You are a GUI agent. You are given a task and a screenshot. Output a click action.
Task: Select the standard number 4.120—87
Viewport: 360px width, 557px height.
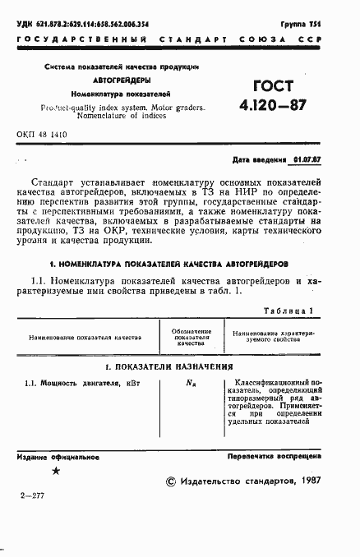click(276, 106)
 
